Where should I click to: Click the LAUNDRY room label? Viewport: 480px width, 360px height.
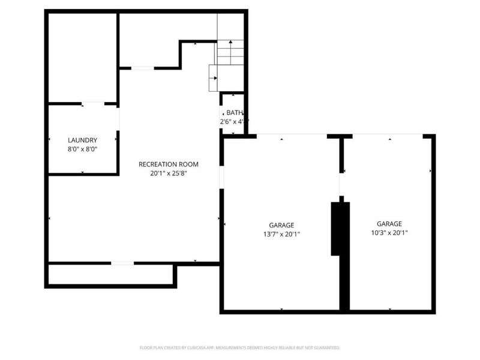[x=83, y=140]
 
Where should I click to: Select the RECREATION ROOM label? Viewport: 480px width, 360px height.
[x=169, y=164]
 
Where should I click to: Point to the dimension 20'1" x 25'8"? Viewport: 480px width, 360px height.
[x=169, y=173]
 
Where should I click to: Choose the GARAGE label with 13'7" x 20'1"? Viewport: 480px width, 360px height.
[x=281, y=225]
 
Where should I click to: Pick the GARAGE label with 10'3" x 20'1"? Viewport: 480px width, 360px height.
[x=389, y=223]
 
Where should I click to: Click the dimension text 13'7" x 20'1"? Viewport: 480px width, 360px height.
[x=281, y=235]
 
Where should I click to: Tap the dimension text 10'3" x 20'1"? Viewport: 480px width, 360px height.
[x=389, y=233]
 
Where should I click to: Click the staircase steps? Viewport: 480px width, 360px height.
[x=230, y=52]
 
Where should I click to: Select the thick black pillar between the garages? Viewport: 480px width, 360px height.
[x=340, y=228]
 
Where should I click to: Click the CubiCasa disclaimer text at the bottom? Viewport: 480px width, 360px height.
[x=240, y=347]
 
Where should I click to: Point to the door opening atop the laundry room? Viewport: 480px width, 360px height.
[x=93, y=104]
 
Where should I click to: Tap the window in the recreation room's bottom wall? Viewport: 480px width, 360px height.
[x=122, y=263]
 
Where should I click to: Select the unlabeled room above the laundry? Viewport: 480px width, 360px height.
[x=82, y=57]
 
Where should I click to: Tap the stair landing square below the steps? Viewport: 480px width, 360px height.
[x=226, y=78]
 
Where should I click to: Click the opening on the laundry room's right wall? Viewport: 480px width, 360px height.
[x=118, y=119]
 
